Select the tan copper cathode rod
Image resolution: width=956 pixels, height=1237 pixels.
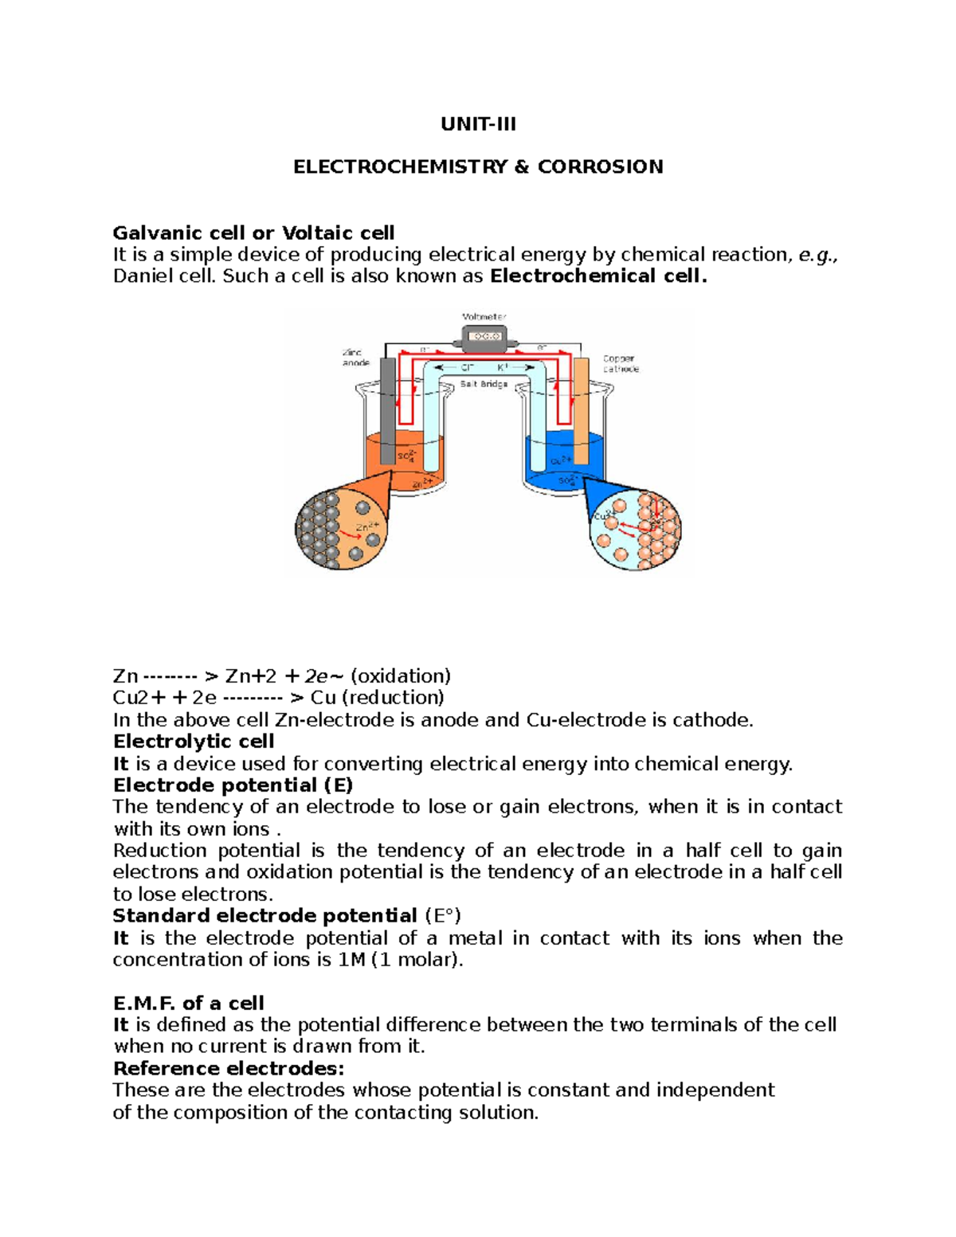tap(582, 410)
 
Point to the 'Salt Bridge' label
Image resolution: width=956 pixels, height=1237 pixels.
tap(484, 384)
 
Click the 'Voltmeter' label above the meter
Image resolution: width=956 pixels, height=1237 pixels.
tap(484, 316)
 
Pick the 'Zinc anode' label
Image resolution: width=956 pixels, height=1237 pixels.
tap(355, 358)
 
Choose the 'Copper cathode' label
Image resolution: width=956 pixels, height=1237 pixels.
tap(620, 364)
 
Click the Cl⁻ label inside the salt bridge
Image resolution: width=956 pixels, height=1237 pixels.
tap(468, 367)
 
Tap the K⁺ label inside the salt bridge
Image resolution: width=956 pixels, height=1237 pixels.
tap(503, 367)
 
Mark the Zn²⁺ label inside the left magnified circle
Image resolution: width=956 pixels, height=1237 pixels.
tap(366, 527)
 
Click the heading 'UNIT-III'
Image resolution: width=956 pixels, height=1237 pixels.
tap(478, 124)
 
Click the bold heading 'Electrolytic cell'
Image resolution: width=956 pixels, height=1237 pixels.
tap(194, 742)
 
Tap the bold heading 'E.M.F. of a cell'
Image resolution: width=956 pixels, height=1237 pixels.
tap(188, 1003)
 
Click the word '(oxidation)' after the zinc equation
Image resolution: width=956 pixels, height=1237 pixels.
tap(400, 676)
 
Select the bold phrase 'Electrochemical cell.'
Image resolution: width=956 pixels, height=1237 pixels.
tap(598, 276)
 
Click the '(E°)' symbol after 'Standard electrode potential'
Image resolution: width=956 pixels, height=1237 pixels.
tap(443, 916)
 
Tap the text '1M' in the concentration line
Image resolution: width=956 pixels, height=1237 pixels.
tap(351, 960)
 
